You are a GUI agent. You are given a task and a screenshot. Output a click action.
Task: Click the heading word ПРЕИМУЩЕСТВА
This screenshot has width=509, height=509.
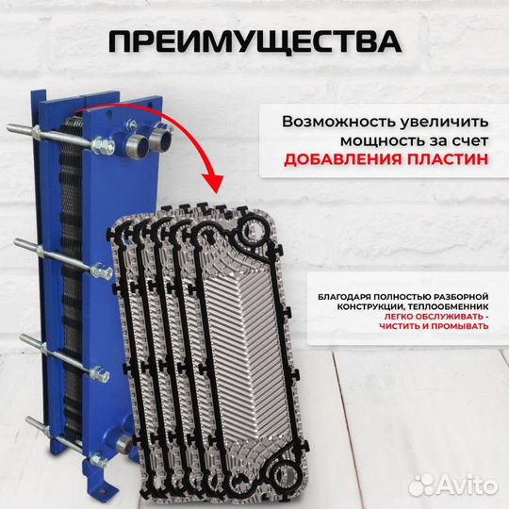point(254,42)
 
